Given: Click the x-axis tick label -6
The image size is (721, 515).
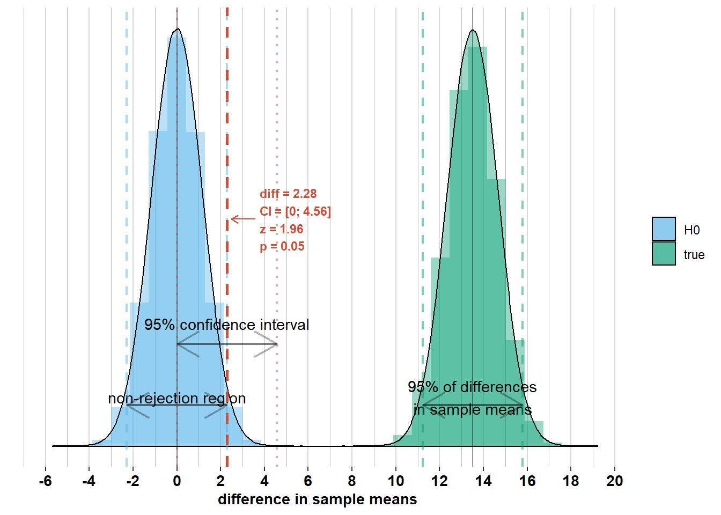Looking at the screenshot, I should [45, 481].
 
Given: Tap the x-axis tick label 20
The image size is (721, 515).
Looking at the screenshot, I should [614, 481].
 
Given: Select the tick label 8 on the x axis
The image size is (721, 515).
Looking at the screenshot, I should [352, 481].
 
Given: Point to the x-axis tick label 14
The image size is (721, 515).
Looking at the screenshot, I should [483, 481].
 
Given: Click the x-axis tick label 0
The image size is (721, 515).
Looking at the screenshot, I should [177, 481].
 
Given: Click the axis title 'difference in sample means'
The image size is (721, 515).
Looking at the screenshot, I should [317, 499].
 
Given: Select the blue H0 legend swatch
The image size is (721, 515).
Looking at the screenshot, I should [664, 229].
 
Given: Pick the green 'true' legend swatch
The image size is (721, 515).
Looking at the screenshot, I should [664, 254].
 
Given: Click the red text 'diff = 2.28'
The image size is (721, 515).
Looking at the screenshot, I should [288, 194].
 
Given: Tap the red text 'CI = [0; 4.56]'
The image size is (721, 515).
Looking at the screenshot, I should [295, 211].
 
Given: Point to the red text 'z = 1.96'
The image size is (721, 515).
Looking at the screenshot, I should [281, 229].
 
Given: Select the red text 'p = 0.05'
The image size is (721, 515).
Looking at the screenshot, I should [282, 247].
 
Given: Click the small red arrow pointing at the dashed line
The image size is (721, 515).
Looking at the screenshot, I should [242, 219].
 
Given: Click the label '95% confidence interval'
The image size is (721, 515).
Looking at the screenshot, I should [226, 325].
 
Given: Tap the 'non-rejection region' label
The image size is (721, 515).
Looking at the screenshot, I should [176, 399].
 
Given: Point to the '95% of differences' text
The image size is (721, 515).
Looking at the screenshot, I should [472, 387].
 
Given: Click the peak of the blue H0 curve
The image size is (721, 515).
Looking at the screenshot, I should [178, 29].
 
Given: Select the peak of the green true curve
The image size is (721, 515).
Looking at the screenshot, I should [473, 30].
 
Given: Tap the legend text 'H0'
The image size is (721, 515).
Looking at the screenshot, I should [691, 230].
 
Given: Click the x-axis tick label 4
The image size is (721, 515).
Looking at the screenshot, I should [264, 481].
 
